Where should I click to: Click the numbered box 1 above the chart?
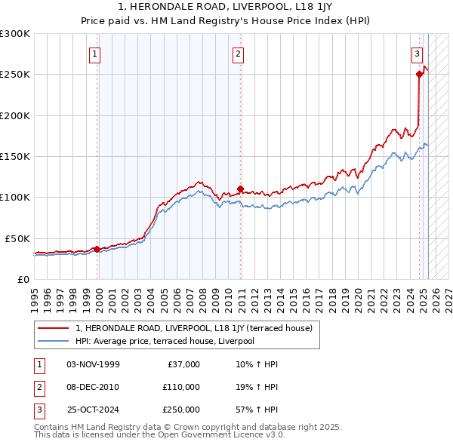tap(94, 54)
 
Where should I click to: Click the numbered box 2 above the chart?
tap(238, 54)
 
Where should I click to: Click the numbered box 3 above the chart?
tap(416, 54)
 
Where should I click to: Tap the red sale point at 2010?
tap(241, 189)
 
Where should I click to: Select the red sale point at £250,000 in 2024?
tap(419, 74)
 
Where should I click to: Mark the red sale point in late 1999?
tap(97, 248)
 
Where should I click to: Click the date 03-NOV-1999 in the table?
tap(93, 364)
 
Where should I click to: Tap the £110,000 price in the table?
tap(181, 387)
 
